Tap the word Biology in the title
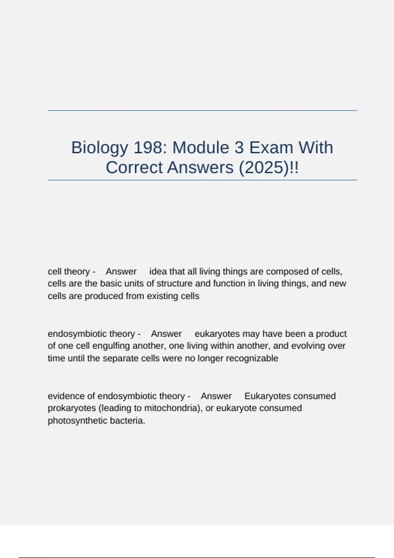click(99, 148)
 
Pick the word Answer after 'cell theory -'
click(121, 271)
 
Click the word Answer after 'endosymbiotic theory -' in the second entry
click(166, 334)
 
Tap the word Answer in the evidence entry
click(216, 396)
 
